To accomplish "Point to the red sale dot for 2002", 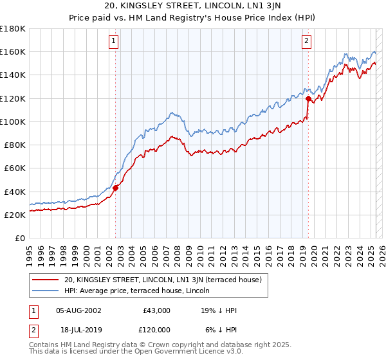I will pos(116,188).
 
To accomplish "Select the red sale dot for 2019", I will pos(308,98).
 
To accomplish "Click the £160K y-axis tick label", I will pos(13,51).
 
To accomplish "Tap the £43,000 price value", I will pos(156,310).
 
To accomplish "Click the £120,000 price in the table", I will pos(156,330).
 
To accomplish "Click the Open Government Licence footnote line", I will pos(135,352).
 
